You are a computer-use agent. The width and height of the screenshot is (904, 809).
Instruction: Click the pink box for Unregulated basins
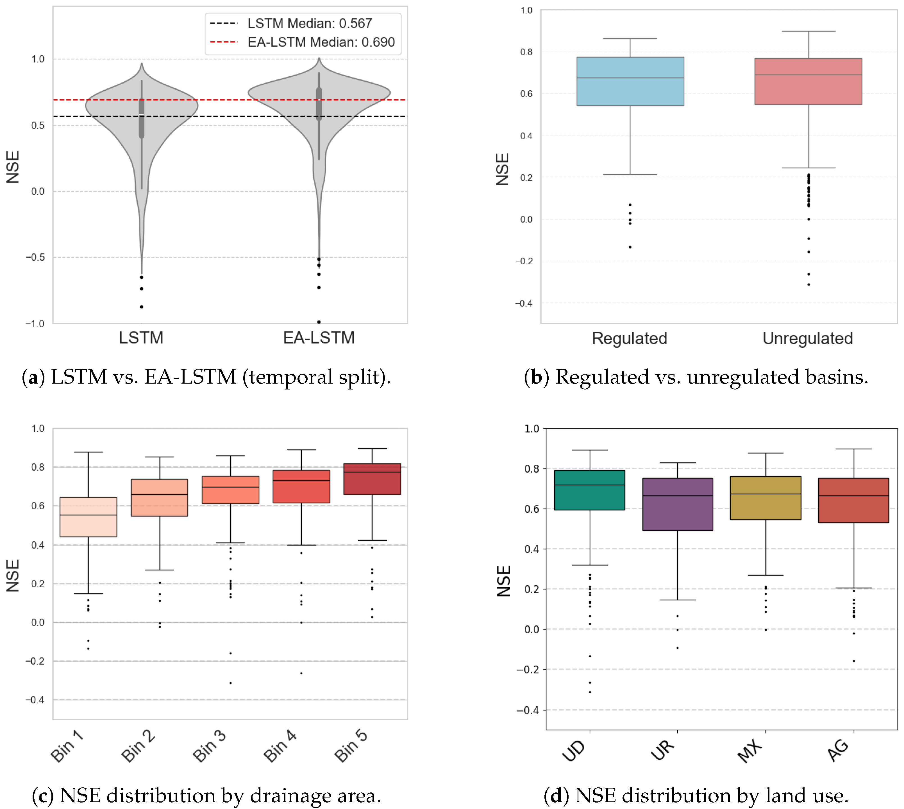[808, 81]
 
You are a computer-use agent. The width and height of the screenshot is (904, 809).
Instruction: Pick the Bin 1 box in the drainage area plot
[88, 517]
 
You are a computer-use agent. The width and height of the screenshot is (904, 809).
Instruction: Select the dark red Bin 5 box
[372, 479]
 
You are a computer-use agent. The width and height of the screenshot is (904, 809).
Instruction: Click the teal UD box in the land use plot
[589, 490]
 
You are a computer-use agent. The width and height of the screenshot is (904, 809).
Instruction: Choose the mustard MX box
[765, 498]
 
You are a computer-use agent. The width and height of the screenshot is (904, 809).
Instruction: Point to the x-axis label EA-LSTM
[319, 338]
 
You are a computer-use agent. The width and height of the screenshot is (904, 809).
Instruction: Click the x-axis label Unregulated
[807, 338]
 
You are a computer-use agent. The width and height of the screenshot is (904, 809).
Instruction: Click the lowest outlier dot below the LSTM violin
[142, 307]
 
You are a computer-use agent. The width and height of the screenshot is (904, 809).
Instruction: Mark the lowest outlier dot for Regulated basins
[630, 247]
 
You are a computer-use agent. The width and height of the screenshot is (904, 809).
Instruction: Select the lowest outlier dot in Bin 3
[230, 683]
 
